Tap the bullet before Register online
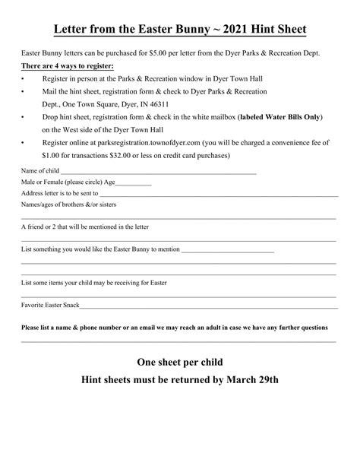click(24, 142)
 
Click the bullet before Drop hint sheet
click(24, 118)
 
